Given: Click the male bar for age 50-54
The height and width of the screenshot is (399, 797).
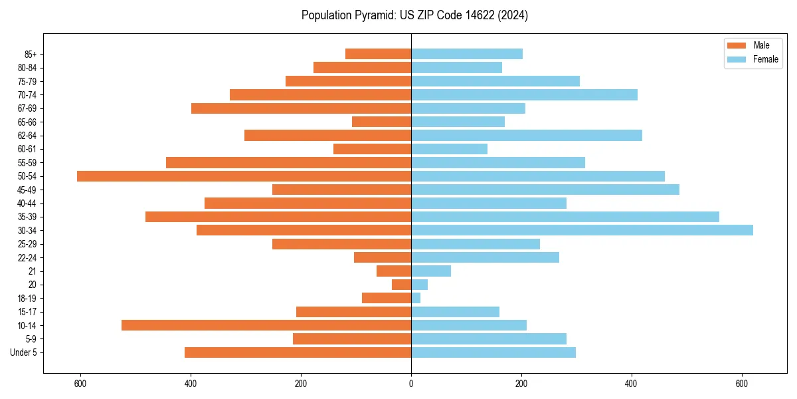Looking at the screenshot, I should (244, 176).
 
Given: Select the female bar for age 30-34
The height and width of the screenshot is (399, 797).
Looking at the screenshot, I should (582, 230).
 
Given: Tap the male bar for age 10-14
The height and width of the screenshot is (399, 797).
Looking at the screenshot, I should (266, 325).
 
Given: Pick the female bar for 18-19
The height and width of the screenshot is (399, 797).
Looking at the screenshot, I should (416, 298).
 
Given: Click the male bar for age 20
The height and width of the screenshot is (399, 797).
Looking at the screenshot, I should (402, 285).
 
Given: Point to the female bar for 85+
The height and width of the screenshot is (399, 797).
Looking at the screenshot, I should (467, 54).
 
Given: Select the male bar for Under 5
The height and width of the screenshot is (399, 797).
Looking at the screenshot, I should (298, 352).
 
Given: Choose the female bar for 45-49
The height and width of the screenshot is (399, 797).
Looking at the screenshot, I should (545, 190).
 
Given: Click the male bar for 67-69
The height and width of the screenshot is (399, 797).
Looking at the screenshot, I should (301, 108).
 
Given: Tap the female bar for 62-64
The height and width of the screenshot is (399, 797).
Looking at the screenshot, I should (527, 136).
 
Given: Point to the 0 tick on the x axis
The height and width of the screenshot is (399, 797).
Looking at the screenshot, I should (411, 384).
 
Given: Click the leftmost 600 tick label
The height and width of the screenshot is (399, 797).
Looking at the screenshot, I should (80, 384).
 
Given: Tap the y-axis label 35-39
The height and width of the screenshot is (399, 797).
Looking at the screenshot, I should (27, 217).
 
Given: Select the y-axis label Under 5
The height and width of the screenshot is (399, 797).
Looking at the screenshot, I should (23, 352).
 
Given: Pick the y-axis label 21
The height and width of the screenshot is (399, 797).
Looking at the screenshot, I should (33, 271).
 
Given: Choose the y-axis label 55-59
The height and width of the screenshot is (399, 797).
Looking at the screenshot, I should (27, 162).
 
